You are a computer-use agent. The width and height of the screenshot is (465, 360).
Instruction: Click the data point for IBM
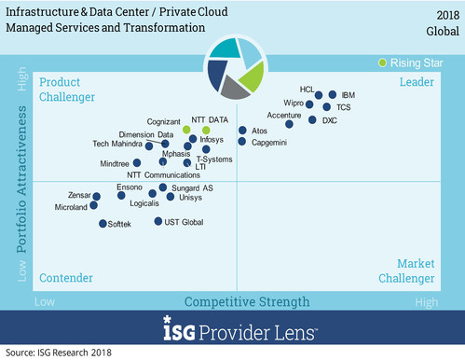point(333,95)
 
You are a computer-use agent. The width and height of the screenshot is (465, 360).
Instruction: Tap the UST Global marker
point(157,222)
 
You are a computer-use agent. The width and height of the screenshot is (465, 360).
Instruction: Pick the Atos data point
point(242,131)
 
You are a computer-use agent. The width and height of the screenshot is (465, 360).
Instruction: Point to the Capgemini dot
point(242,142)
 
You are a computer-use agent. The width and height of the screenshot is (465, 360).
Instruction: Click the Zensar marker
point(96,196)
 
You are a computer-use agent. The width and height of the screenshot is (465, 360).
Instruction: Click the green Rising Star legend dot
point(382,62)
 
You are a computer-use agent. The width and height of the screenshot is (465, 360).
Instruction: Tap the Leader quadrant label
point(417,83)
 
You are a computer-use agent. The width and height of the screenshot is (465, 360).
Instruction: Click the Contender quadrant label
point(65,278)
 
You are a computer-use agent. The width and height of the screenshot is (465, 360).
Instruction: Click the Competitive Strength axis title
point(247,301)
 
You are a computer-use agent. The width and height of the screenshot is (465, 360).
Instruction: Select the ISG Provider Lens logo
point(233,330)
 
